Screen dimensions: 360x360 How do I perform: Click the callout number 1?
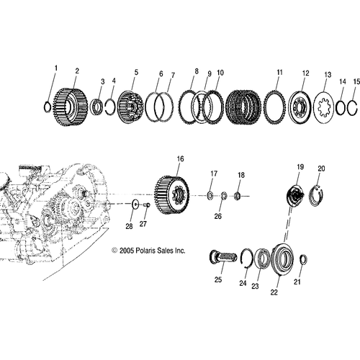pyautogui.click(x=56, y=68)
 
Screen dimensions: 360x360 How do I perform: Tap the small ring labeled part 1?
pyautogui.click(x=45, y=107)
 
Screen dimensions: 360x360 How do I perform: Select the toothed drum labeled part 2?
pyautogui.click(x=70, y=107)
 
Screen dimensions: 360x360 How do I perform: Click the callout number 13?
pyautogui.click(x=328, y=75)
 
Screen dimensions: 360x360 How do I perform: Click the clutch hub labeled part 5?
pyautogui.click(x=131, y=107)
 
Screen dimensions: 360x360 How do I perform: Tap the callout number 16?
pyautogui.click(x=180, y=159)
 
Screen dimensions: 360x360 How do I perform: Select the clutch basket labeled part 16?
pyautogui.click(x=171, y=196)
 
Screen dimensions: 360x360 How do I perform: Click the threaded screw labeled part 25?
pyautogui.click(x=223, y=258)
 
